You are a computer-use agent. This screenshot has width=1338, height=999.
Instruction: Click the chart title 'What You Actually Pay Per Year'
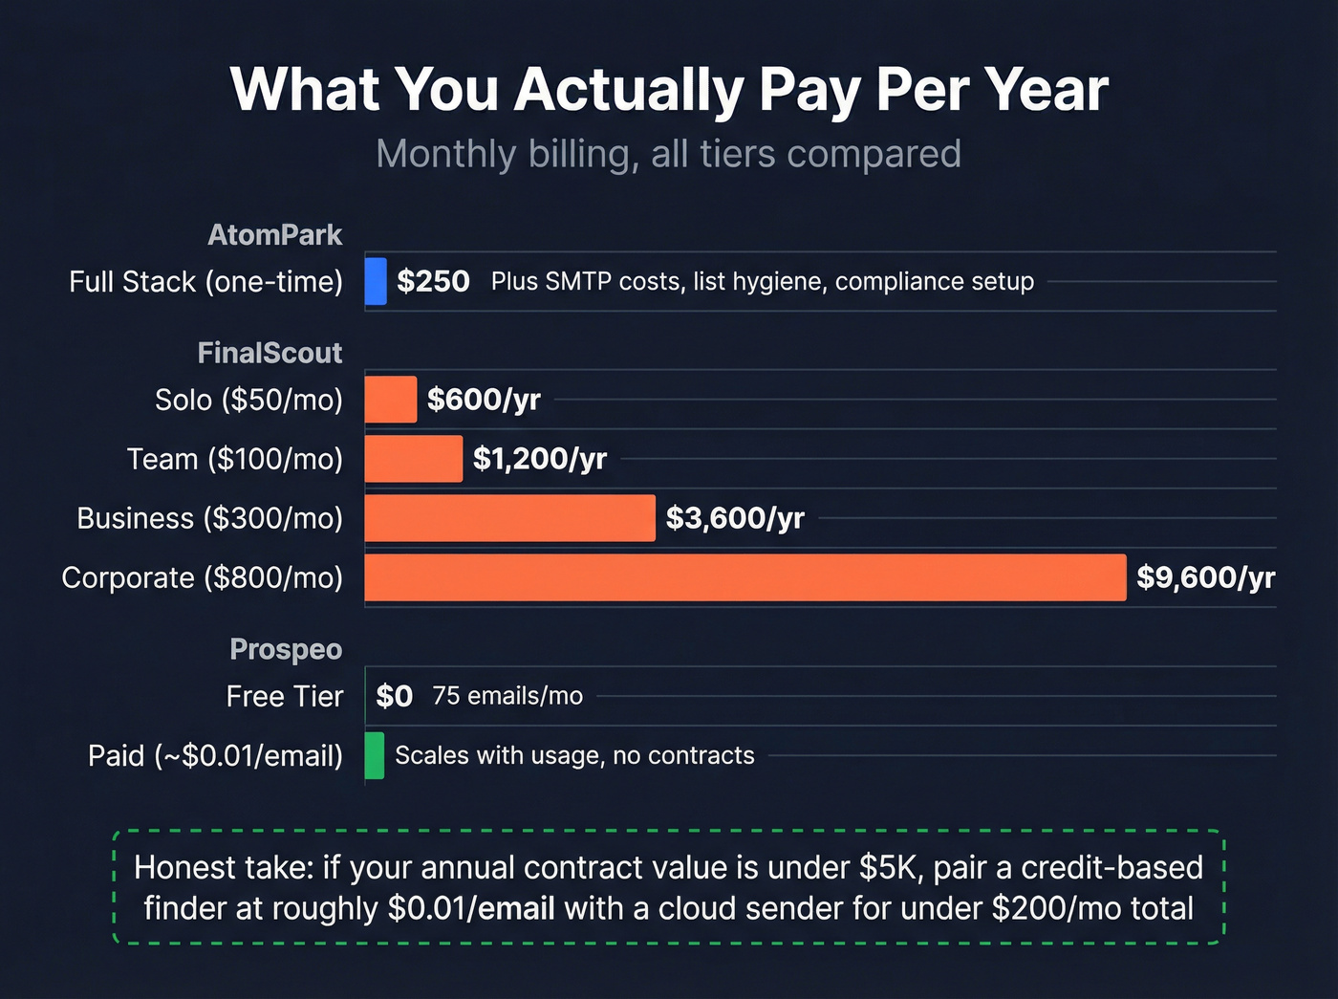[669, 90]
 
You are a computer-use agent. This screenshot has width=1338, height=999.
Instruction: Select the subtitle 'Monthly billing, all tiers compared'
[669, 154]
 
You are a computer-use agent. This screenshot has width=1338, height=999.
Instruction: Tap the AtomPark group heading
[275, 235]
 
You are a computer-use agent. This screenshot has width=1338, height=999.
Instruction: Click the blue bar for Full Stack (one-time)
[376, 281]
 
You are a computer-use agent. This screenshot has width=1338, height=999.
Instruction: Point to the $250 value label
[433, 281]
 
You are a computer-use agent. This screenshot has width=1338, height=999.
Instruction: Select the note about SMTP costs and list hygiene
[762, 281]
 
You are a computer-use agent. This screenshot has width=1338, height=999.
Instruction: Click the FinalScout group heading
[270, 353]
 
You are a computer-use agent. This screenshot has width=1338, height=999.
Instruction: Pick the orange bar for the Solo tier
[390, 400]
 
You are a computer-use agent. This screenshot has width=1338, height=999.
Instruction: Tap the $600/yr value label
[484, 400]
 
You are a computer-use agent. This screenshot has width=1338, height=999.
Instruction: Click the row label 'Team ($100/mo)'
[235, 459]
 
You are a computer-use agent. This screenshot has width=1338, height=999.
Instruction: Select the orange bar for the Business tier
[509, 518]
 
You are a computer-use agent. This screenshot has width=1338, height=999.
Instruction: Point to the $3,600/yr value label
[735, 518]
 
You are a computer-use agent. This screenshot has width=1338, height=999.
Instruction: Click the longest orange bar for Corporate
[745, 577]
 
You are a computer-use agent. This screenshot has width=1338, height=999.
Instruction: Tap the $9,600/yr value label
[1205, 577]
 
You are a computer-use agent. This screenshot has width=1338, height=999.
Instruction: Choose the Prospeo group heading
[286, 649]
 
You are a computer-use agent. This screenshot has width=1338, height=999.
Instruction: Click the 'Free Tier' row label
[284, 696]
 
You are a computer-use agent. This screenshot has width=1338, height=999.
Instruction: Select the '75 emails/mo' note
[507, 696]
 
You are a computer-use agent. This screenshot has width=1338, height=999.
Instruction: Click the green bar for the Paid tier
[375, 755]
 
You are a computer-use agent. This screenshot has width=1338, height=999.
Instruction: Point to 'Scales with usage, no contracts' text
[574, 755]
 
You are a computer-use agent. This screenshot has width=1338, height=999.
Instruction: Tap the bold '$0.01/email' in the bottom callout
[471, 907]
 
